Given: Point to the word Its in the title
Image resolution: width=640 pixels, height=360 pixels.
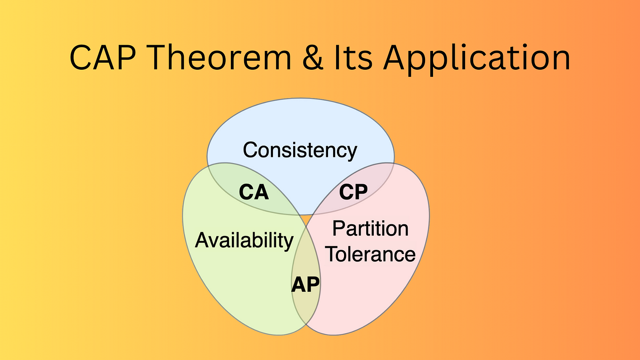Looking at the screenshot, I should click(x=361, y=57).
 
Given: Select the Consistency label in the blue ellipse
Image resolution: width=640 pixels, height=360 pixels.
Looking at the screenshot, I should click(x=300, y=150).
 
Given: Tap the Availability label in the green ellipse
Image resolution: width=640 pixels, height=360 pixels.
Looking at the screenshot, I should click(x=244, y=240).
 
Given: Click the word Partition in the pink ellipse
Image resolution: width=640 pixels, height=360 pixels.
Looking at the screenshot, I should click(x=370, y=229).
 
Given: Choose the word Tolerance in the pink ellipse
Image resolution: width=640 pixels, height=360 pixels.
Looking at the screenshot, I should click(x=371, y=254).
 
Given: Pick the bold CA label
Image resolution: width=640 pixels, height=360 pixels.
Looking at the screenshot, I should click(x=254, y=192).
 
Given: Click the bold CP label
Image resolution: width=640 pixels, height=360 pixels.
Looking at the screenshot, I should click(x=353, y=192).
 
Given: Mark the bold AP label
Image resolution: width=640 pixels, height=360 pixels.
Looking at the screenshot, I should click(x=305, y=285).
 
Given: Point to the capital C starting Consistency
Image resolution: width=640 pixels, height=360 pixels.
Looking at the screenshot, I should click(x=250, y=150).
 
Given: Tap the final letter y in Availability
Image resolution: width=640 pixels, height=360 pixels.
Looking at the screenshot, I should click(x=289, y=242).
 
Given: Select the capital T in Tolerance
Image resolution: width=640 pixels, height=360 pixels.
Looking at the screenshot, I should click(x=332, y=254).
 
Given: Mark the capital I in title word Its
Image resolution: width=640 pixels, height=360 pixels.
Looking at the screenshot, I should click(x=346, y=57).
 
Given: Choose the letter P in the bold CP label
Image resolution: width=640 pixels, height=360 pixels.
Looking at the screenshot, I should click(x=361, y=192).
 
